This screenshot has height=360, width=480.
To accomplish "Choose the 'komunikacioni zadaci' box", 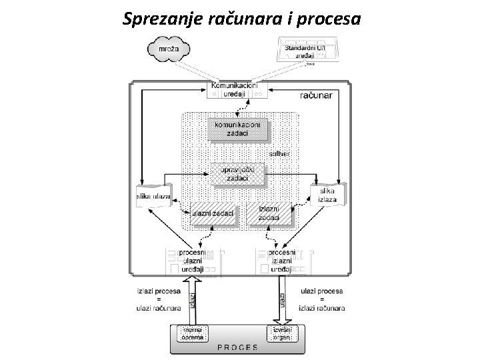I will [x=238, y=129].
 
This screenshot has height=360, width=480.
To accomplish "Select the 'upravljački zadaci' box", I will [x=238, y=175].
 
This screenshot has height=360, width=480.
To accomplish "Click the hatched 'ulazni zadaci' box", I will [x=213, y=213].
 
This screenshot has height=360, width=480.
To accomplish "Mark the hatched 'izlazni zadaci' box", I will [x=270, y=213].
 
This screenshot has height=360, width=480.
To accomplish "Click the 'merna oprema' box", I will [x=193, y=333].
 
